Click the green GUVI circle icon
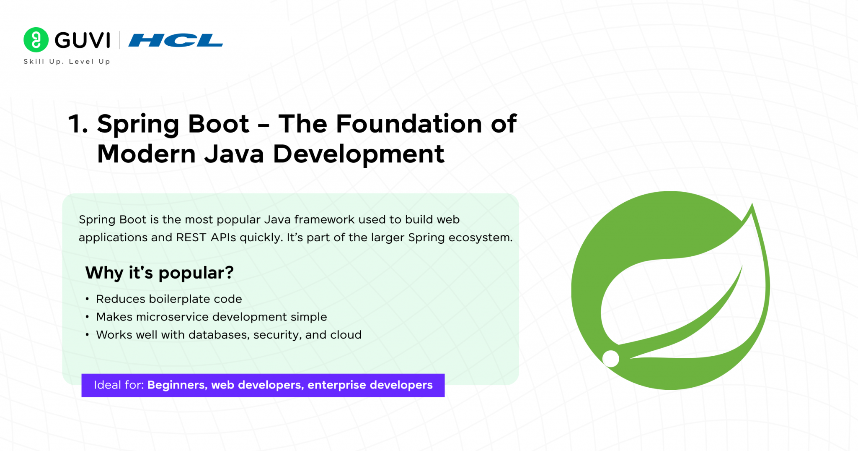[x=36, y=40]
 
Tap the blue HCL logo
[x=176, y=40]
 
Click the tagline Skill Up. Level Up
[x=67, y=62]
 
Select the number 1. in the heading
[x=78, y=124]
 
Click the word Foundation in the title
[x=409, y=124]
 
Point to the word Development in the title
[x=358, y=154]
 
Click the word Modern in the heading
[x=146, y=154]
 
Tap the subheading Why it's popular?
[x=159, y=273]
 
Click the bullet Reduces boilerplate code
[x=169, y=299]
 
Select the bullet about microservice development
[x=211, y=317]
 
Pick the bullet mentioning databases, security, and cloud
[x=228, y=335]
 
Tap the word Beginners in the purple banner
[x=176, y=385]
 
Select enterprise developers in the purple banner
[x=370, y=385]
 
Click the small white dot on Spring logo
[x=610, y=359]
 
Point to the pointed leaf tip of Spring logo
[x=752, y=206]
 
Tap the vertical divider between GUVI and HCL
[x=119, y=40]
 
